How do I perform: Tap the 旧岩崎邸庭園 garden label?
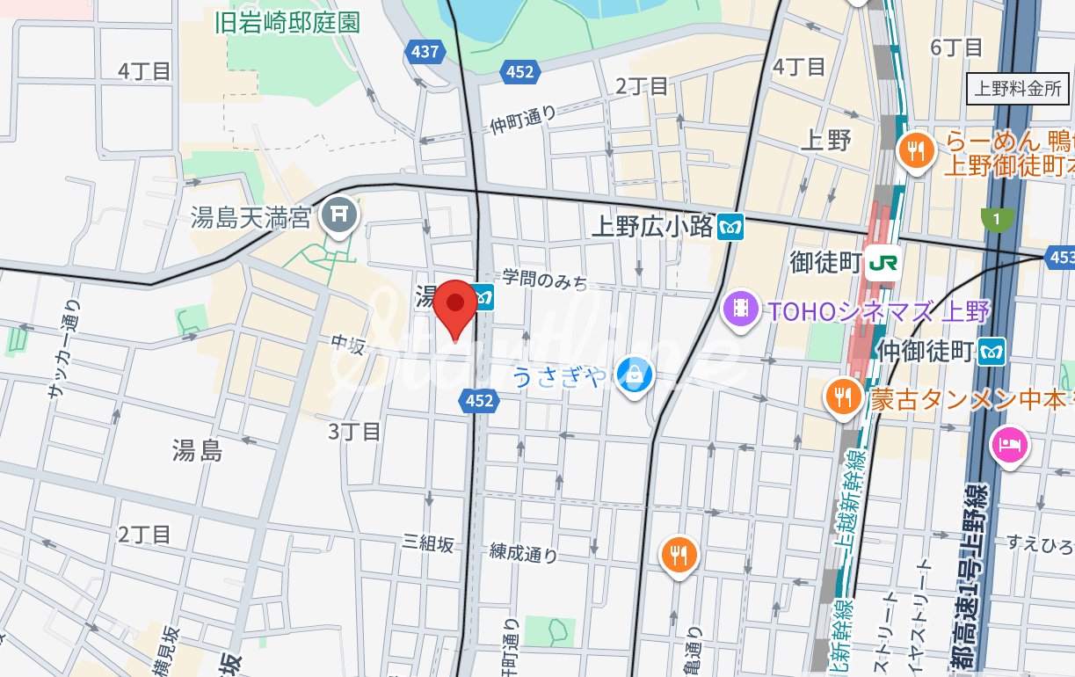[287, 23]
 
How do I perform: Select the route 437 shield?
[425, 53]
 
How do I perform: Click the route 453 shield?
[1060, 258]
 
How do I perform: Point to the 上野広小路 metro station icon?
[730, 226]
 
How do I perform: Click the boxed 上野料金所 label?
[1017, 89]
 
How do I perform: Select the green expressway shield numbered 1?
[997, 218]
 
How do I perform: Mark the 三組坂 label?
[428, 544]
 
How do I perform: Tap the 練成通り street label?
[524, 553]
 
